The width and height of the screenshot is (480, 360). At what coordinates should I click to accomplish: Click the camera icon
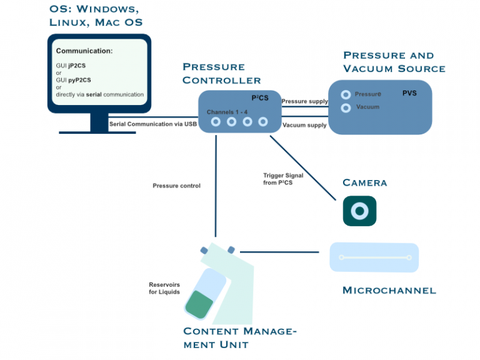click(359, 211)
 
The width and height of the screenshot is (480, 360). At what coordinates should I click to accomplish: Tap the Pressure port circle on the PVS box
click(345, 94)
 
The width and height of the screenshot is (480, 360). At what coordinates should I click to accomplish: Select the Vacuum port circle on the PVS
click(345, 108)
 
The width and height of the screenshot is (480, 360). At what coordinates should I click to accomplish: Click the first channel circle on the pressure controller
click(216, 122)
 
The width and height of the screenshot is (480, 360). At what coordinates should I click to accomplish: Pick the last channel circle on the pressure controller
click(263, 122)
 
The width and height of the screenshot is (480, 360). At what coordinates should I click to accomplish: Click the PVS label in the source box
click(409, 94)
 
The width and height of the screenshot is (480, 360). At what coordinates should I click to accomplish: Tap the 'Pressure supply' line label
click(304, 101)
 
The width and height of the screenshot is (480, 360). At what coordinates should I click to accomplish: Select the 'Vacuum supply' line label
click(304, 126)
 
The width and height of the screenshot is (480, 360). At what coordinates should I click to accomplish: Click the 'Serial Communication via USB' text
click(153, 124)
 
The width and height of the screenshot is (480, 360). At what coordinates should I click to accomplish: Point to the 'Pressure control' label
click(176, 186)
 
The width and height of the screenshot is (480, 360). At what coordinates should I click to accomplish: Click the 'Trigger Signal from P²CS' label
click(283, 179)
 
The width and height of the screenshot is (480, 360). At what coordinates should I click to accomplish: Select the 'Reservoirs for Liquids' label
click(164, 288)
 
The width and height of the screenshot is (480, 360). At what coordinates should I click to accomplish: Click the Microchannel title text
click(389, 290)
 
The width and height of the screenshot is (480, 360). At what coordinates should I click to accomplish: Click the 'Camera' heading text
click(365, 183)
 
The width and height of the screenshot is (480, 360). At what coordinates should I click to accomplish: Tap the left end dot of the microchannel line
click(341, 257)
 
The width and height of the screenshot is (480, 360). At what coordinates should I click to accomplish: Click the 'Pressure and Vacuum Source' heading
click(394, 62)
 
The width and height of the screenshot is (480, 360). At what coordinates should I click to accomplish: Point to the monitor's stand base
click(99, 131)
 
